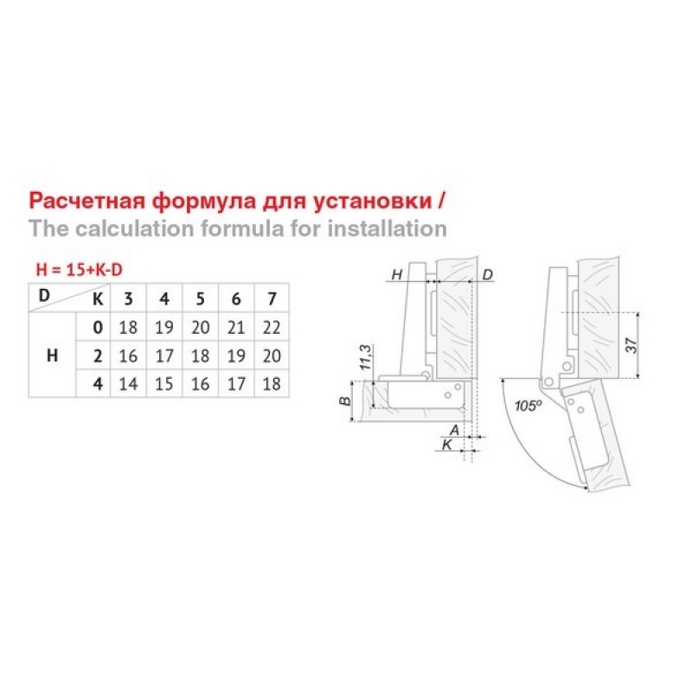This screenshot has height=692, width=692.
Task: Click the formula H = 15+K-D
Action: (x=79, y=270)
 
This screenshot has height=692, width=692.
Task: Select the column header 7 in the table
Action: (x=272, y=298)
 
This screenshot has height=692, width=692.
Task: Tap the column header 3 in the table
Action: (x=128, y=298)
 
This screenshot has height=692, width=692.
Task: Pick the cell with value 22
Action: (x=272, y=328)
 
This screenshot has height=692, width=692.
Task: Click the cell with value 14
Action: (x=128, y=384)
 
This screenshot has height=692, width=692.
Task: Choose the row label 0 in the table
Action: (x=98, y=328)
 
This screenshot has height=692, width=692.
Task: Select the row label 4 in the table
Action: (x=98, y=384)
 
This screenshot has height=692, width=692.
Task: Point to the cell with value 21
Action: (x=235, y=328)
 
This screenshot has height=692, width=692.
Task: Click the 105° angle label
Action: (x=529, y=405)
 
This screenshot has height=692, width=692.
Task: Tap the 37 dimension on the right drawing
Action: (x=632, y=345)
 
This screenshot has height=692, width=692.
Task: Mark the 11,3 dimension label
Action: (x=366, y=357)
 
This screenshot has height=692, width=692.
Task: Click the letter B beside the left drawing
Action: (x=345, y=401)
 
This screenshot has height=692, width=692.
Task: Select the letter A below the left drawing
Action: (x=454, y=429)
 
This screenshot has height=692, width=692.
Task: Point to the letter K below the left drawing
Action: (x=446, y=445)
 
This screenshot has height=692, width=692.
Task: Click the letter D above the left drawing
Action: (x=487, y=274)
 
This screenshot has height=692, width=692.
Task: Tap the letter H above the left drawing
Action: (x=397, y=274)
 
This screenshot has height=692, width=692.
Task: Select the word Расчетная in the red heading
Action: (x=87, y=201)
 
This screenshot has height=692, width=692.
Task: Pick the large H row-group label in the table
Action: (x=52, y=356)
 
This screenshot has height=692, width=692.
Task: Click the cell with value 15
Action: (x=163, y=384)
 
